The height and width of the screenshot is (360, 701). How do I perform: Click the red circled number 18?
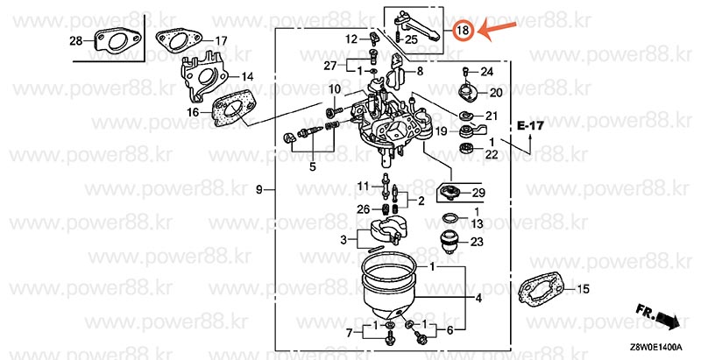(463, 31)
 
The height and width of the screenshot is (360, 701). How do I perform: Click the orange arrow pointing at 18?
(497, 31)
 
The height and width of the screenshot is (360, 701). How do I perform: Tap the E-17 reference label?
(531, 125)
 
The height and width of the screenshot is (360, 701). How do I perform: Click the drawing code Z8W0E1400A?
(656, 347)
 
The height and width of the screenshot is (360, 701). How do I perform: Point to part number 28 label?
(76, 41)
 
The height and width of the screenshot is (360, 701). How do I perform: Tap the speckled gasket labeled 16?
(231, 108)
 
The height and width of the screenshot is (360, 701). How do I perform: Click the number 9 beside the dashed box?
(259, 190)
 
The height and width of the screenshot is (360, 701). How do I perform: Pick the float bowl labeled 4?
(389, 294)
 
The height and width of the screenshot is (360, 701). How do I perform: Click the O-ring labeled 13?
(450, 219)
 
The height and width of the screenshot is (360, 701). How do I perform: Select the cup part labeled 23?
(450, 242)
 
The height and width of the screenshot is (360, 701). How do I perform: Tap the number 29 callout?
(478, 193)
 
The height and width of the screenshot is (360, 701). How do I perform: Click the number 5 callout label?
(313, 167)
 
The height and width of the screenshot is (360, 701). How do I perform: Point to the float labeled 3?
(385, 231)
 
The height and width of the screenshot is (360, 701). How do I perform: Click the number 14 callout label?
(247, 77)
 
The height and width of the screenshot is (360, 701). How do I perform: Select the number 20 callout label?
(496, 93)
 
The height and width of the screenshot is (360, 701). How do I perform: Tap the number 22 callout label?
(492, 154)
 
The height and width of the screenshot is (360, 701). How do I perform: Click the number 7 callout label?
(350, 332)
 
